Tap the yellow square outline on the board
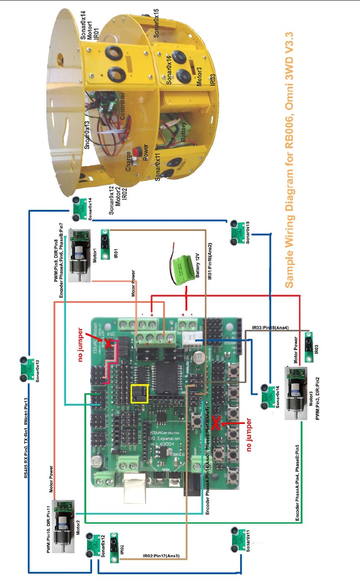[139, 394]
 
